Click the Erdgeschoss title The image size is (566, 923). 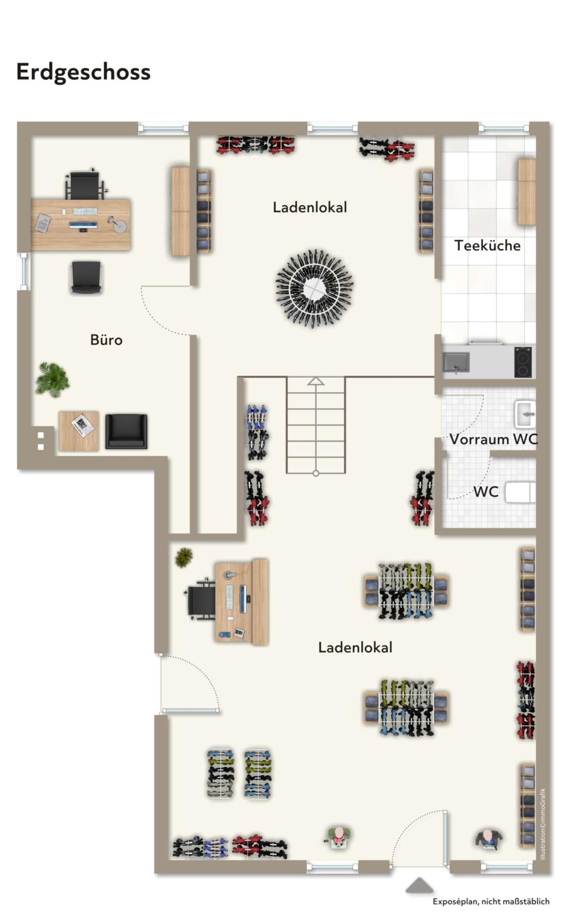coord(83,72)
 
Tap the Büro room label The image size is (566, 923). coord(106,339)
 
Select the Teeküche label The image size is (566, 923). coord(487,245)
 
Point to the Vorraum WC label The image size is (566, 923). coord(493,439)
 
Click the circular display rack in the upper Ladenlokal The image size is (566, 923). coord(315,288)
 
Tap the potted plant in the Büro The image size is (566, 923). coord(52,379)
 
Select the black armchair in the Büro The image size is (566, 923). coord(126,431)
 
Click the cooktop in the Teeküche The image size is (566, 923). coord(523,362)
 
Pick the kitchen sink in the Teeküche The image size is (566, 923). coord(456,363)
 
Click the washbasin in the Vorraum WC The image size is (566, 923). coord(525,414)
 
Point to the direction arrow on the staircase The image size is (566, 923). coord(316,381)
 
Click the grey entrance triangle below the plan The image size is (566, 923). coord(419,885)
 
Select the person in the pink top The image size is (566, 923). coord(338,837)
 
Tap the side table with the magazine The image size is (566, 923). coord(79,431)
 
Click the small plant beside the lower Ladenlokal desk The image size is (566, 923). coord(183,557)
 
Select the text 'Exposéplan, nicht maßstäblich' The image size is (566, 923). coord(491,901)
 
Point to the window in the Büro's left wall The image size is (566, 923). coord(23,271)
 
